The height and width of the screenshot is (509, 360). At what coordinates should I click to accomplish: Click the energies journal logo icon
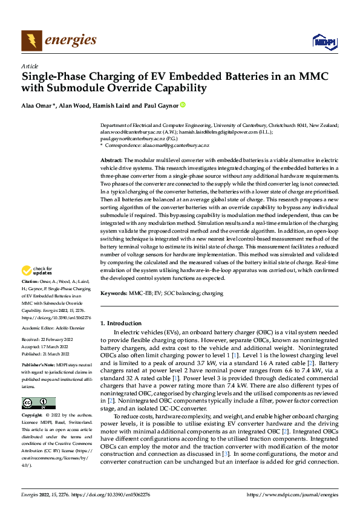pos(31,41)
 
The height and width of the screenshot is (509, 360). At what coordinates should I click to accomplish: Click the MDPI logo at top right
pos(323,41)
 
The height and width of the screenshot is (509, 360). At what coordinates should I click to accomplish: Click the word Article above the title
pos(30,66)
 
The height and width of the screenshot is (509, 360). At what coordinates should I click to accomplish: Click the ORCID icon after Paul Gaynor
pos(183,106)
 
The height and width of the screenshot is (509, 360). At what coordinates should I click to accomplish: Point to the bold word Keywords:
pos(113,293)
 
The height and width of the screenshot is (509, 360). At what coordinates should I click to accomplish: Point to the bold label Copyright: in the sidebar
pos(32,416)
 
